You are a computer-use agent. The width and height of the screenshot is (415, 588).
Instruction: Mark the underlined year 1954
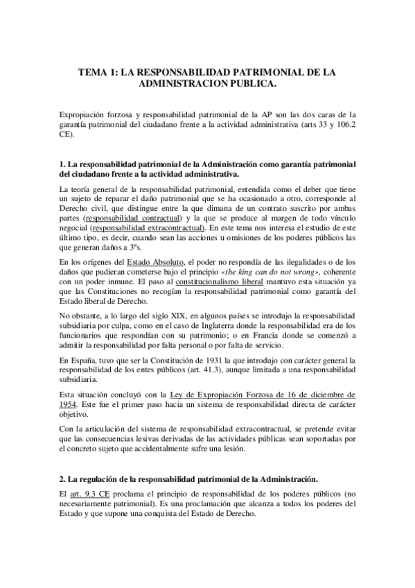pos(70,404)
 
